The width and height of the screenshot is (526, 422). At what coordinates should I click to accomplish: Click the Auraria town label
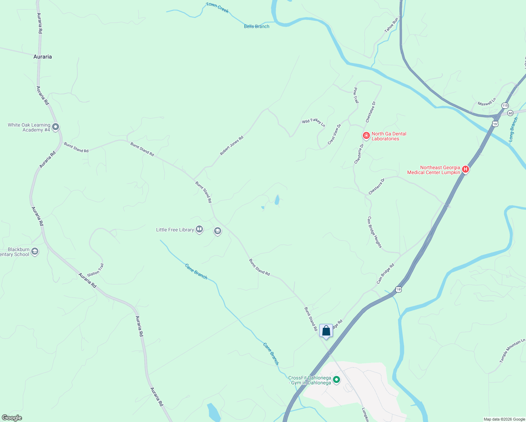(43, 57)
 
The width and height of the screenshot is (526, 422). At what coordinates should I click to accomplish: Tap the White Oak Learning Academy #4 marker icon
(55, 127)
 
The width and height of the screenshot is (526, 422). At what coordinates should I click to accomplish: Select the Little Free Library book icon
(199, 230)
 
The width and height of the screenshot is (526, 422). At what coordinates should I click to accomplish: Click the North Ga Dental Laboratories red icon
(366, 135)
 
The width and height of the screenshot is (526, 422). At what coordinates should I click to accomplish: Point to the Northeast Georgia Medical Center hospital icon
(466, 170)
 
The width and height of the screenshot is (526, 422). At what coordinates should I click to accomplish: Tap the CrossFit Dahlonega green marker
(336, 380)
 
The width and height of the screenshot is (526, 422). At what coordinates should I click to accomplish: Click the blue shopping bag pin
(326, 331)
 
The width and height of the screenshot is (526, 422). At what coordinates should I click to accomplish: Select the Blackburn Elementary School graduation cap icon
(34, 251)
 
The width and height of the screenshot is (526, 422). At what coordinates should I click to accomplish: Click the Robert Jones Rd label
(232, 146)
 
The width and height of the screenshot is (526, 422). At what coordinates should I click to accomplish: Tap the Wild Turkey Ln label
(313, 122)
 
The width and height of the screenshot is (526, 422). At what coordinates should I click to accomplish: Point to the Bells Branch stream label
(257, 26)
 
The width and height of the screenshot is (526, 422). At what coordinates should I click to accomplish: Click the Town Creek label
(217, 7)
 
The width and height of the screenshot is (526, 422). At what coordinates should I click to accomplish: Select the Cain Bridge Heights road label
(374, 232)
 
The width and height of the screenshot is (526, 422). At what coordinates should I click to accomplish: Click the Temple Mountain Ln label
(512, 350)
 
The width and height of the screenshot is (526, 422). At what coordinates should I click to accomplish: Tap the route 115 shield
(505, 105)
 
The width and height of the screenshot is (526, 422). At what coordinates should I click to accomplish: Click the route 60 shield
(511, 113)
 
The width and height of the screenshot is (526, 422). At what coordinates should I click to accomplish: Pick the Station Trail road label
(96, 270)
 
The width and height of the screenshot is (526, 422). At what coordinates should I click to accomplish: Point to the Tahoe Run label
(391, 25)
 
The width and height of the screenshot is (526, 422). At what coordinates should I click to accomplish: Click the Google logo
(12, 418)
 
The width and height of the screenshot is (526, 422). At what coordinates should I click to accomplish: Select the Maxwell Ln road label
(487, 102)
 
